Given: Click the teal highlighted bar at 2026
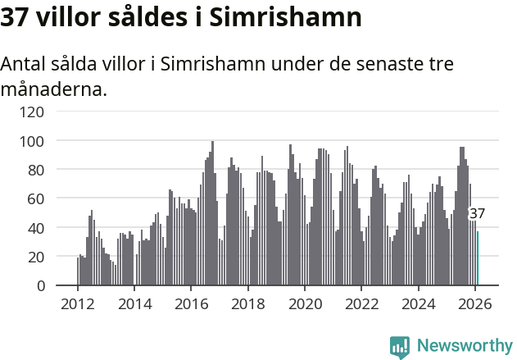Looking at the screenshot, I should (478, 258).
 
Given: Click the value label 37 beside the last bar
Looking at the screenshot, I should (477, 214).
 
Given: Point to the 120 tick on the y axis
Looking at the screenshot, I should (33, 112).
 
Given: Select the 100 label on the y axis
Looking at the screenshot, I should (33, 141).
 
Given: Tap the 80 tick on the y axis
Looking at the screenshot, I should (37, 170).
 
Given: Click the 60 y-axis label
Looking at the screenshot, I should (37, 198).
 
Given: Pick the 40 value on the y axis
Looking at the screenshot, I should (37, 228).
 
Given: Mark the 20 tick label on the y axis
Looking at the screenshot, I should (37, 257).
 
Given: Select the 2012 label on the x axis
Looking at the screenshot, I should (78, 303).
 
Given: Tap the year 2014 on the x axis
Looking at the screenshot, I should (134, 303).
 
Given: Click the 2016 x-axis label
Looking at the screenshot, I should (191, 303).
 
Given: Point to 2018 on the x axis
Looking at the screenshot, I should (248, 303).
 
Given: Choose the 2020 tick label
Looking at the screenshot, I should (305, 303).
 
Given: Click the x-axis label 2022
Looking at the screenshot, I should (361, 303).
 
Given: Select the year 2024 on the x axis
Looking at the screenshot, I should (418, 303).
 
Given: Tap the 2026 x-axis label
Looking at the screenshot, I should (475, 303).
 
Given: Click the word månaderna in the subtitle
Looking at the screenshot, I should (54, 89).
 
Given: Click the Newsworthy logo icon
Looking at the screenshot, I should (400, 347).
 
